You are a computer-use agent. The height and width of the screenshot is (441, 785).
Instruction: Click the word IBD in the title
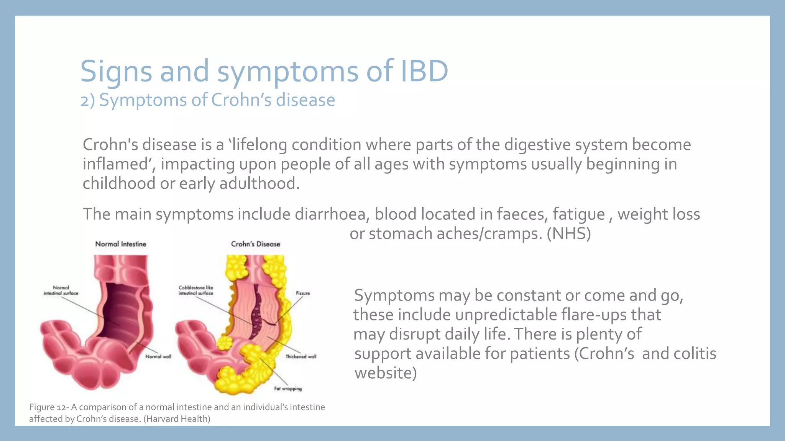[424, 71]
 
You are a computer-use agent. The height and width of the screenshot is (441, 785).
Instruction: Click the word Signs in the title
[116, 71]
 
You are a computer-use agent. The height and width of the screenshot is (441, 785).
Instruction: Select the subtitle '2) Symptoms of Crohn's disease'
[207, 100]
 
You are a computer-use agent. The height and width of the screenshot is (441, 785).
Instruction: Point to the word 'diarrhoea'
[330, 214]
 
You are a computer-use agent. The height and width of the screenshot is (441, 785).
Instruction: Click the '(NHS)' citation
[569, 234]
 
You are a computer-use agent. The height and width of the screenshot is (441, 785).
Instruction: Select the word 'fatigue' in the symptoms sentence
[578, 214]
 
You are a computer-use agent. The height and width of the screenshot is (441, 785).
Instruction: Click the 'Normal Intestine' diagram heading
[121, 244]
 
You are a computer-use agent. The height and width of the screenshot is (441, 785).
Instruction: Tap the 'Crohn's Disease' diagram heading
[255, 244]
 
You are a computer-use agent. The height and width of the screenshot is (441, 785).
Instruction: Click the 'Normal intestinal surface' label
[61, 290]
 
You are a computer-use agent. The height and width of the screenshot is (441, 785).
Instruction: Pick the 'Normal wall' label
[158, 356]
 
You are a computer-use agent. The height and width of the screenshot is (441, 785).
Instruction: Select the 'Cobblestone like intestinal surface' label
[196, 290]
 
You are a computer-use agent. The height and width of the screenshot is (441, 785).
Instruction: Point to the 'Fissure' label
[303, 293]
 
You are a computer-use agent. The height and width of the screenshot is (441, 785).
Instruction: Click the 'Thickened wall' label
[301, 356]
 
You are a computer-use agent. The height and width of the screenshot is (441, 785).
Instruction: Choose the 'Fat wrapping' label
[288, 389]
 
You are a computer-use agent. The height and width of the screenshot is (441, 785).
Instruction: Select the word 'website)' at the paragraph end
[385, 373]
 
